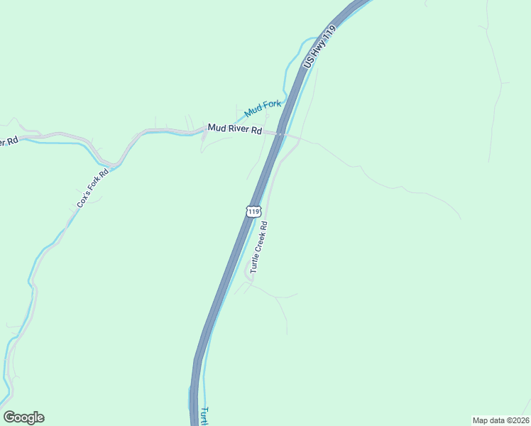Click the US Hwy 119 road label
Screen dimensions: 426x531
coord(319,48)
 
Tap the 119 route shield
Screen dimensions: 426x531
coord(254,211)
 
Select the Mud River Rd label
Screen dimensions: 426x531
coord(235,129)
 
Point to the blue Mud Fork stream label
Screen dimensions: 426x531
coord(263,109)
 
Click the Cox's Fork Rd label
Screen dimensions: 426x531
coord(93,188)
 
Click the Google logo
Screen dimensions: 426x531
coord(23,417)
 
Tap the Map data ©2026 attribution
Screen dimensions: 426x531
coord(500,420)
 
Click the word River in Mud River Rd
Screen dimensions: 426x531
coord(238,129)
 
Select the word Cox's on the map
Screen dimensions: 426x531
coord(83,201)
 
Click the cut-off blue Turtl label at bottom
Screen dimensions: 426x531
coord(204,415)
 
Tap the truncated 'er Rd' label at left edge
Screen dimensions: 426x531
coord(8,142)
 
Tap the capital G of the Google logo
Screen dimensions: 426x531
coord(9,417)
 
